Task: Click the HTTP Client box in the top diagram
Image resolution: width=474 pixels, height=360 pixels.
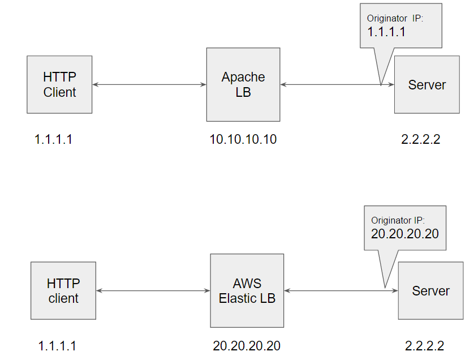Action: coord(59,84)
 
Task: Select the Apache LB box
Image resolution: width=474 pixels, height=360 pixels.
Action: coord(243,84)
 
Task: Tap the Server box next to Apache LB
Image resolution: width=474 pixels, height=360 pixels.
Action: coord(427,84)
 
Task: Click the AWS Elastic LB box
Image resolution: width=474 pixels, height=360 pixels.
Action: coord(247,290)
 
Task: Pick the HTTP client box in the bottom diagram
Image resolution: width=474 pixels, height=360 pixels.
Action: coord(63,290)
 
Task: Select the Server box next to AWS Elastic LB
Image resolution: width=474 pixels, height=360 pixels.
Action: coord(431,290)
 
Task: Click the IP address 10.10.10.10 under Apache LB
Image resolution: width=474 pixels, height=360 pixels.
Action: coord(243,139)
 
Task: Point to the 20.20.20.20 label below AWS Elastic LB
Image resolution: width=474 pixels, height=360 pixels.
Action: coord(247,346)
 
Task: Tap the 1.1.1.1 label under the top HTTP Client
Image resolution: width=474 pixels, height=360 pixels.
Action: coord(54,139)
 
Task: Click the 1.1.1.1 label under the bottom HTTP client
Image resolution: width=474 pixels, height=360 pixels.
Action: coord(57,346)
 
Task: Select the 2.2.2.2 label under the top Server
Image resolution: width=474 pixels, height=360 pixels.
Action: coord(420,139)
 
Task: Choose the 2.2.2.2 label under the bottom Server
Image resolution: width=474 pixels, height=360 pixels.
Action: coord(424,346)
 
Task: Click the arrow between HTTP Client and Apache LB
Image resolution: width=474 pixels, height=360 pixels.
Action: coord(149,85)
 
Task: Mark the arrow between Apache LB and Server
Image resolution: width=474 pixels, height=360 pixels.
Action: coord(328,85)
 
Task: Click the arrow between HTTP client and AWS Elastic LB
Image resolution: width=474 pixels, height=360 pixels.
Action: coord(153,291)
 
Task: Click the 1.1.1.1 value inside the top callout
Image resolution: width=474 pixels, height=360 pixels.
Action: coord(386,32)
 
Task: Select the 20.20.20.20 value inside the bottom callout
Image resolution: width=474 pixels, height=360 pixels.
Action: coord(404,234)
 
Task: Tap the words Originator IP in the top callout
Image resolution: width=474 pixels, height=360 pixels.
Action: coord(395,19)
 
